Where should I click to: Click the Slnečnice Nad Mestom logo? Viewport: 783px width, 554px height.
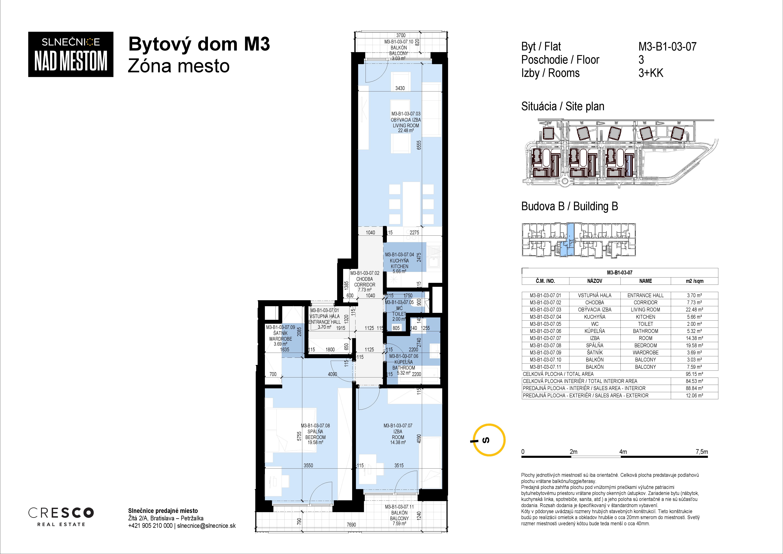71,54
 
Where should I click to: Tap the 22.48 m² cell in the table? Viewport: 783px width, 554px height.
694,310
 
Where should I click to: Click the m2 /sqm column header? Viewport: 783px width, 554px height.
694,281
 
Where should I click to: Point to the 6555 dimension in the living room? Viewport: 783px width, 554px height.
419,145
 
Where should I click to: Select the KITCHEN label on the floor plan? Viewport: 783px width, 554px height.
399,266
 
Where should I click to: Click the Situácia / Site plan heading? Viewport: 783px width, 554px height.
563,106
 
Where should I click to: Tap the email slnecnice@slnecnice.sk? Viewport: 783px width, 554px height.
206,526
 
